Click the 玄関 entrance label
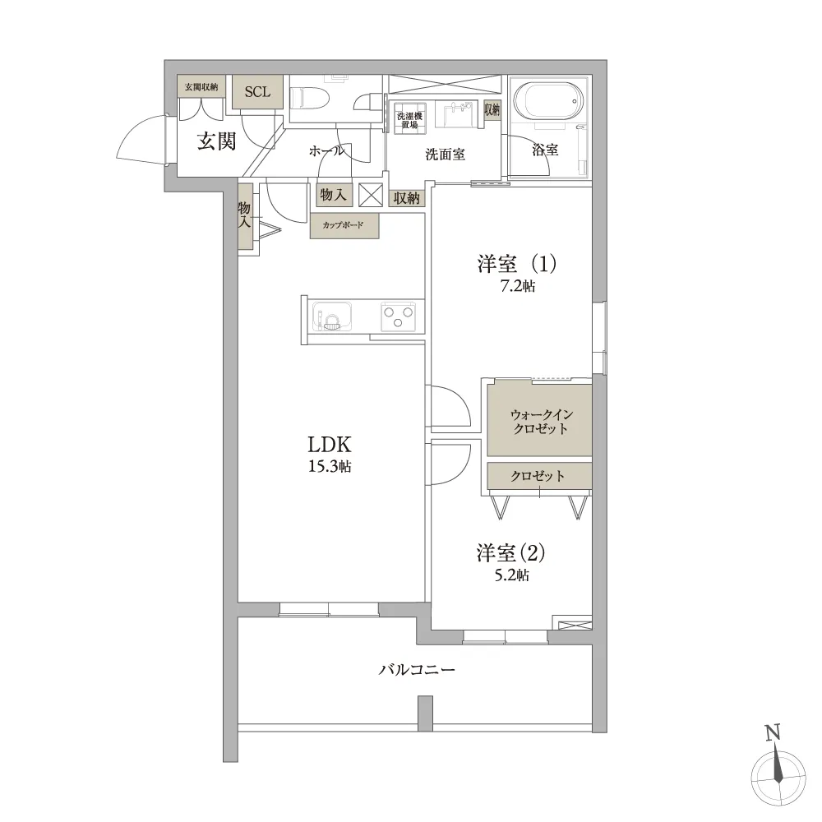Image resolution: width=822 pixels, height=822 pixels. click(216, 141)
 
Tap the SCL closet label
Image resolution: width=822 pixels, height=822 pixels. click(257, 92)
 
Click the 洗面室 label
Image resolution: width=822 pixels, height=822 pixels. click(445, 155)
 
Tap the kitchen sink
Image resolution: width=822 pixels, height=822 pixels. click(332, 316)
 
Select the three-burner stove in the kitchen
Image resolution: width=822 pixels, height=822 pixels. click(398, 316)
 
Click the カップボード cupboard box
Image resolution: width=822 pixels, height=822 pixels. click(344, 225)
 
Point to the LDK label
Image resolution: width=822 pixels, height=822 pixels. click(330, 445)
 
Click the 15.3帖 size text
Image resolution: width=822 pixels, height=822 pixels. click(330, 466)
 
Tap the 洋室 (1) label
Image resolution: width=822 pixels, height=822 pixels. click(516, 264)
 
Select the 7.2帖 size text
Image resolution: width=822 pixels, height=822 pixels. click(517, 286)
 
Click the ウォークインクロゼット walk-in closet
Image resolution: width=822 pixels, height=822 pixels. click(540, 420)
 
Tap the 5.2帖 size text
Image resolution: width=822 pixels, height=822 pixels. click(512, 575)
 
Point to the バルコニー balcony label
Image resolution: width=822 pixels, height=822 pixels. click(417, 669)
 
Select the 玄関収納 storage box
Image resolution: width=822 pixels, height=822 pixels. click(201, 87)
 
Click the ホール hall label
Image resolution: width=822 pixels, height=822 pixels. click(326, 151)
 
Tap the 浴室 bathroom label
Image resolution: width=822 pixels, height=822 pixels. click(545, 150)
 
